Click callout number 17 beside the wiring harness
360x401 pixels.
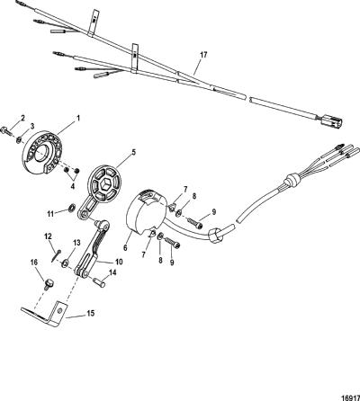click(x=203, y=55)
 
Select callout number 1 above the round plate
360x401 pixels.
click(x=78, y=119)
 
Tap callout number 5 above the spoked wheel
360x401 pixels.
click(x=134, y=152)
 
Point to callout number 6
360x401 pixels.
click(x=125, y=247)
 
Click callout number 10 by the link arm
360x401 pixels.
click(x=119, y=262)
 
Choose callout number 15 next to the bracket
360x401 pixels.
click(x=91, y=313)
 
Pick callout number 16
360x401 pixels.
click(x=34, y=263)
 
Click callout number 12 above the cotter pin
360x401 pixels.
click(x=48, y=236)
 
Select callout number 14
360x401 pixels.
click(x=112, y=273)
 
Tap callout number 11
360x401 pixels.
click(x=50, y=214)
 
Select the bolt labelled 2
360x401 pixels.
click(x=6, y=130)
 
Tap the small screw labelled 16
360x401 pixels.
click(x=48, y=283)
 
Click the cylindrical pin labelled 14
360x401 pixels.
click(x=101, y=282)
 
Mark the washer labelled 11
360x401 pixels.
click(x=72, y=207)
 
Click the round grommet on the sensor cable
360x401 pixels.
click(x=290, y=180)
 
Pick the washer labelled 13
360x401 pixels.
click(x=64, y=264)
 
